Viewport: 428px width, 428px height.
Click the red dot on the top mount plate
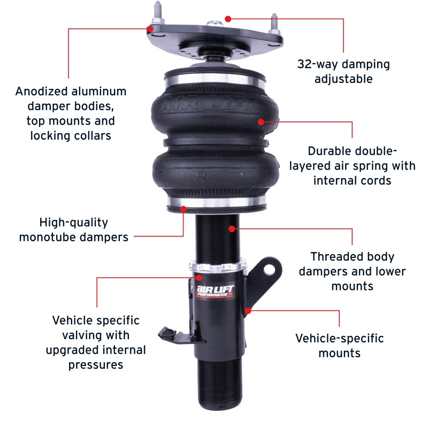tap(227, 18)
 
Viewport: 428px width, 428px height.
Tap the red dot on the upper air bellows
tap(261, 121)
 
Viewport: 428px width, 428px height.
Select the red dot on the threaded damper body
tap(232, 228)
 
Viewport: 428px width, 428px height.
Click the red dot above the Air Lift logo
tap(199, 277)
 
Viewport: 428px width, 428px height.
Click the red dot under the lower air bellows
tap(183, 209)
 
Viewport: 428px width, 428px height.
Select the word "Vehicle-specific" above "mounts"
tap(340, 338)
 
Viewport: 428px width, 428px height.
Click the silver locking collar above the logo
tap(217, 267)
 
